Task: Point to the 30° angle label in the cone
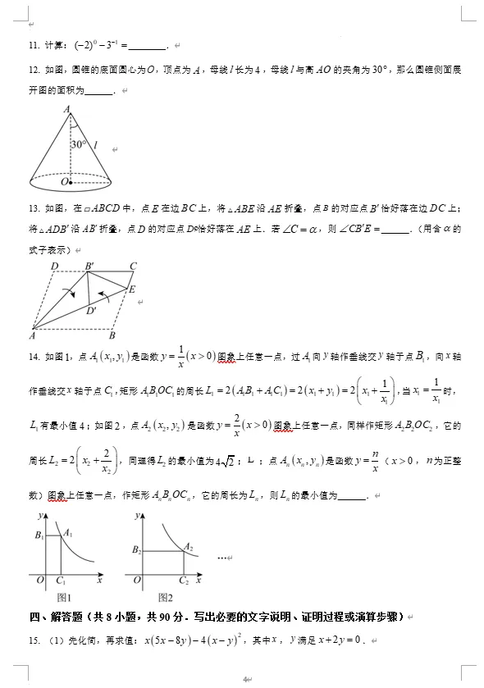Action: (x=79, y=144)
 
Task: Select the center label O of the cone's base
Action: (x=63, y=181)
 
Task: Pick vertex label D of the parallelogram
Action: (x=54, y=267)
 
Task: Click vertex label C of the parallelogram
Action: (x=133, y=267)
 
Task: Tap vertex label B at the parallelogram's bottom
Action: (x=112, y=335)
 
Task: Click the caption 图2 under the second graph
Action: (x=165, y=598)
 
